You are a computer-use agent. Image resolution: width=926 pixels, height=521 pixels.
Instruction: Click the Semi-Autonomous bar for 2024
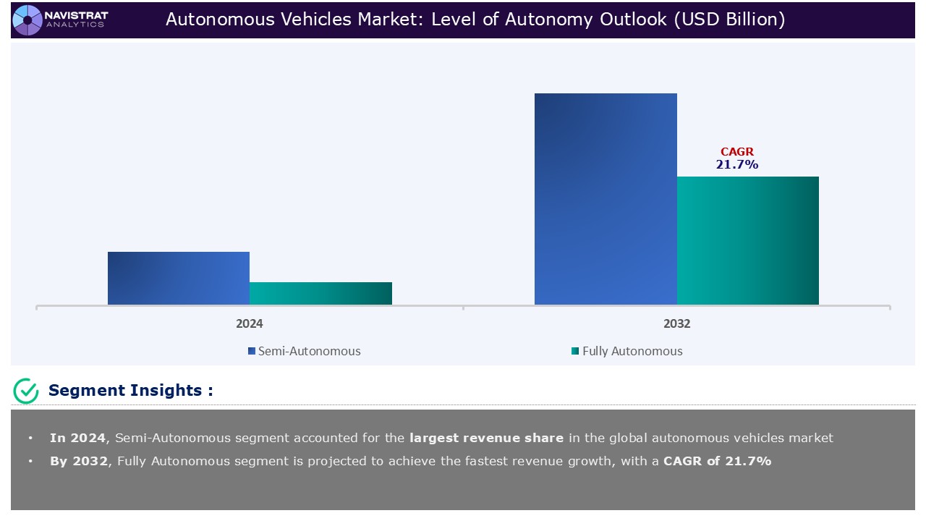coord(179,278)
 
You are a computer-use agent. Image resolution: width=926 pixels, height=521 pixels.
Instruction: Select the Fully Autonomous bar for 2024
coord(320,293)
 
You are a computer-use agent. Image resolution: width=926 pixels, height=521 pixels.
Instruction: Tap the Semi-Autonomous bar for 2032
coord(606,199)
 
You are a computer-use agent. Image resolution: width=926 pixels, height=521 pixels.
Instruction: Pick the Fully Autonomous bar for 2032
coord(747,240)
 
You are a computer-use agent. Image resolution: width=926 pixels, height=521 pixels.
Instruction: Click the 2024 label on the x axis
coord(250,323)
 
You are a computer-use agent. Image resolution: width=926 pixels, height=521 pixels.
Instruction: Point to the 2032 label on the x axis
coord(676,323)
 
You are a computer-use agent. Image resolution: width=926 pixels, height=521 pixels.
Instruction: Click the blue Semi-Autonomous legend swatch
coord(252,352)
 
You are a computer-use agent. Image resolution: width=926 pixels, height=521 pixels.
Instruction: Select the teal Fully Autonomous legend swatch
coord(575,352)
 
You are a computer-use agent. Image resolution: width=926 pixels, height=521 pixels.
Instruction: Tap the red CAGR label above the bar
coord(737,152)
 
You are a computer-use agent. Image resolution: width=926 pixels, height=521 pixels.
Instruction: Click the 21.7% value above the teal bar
coord(737,165)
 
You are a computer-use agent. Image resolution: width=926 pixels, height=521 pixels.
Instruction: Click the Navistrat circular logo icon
coord(27,20)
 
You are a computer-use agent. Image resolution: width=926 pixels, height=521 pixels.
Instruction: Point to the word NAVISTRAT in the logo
coord(76,14)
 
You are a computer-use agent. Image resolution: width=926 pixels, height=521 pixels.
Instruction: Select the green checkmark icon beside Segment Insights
coord(26,391)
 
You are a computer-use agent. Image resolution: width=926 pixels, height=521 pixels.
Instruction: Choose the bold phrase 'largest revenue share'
coord(486,438)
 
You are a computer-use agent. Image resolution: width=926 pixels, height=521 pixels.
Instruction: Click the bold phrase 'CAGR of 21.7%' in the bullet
coord(717,461)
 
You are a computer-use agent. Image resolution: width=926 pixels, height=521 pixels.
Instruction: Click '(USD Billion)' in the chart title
coord(729,20)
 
